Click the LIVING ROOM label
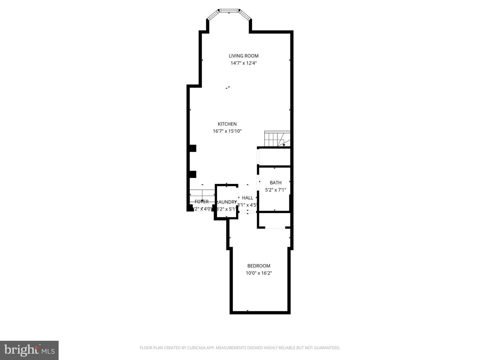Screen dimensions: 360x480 tap(243, 56)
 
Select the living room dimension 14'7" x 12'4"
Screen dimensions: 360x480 tap(243, 63)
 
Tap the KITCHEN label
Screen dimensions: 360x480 tap(227, 124)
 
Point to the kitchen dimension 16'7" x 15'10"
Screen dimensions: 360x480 tap(227, 131)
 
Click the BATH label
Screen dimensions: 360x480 tap(275, 183)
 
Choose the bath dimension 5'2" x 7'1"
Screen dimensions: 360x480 tap(275, 190)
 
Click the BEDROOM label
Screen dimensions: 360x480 tap(259, 266)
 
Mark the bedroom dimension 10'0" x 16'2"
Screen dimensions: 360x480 tap(259, 273)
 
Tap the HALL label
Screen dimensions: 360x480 tap(247, 198)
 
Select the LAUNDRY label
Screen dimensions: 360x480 tap(227, 202)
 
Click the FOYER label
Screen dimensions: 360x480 tap(202, 202)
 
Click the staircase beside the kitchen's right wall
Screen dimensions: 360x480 tap(277, 139)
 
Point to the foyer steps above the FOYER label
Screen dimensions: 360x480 tap(202, 193)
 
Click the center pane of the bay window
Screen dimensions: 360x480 tap(229, 11)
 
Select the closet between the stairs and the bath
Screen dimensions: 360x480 tap(274, 157)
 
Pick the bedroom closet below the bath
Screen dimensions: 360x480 tap(274, 220)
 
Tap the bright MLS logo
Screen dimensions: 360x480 tap(29, 350)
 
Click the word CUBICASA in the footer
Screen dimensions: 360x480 tap(198, 348)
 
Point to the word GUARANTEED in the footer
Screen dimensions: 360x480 tap(327, 348)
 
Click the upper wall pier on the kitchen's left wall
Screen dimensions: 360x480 tap(193, 148)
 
